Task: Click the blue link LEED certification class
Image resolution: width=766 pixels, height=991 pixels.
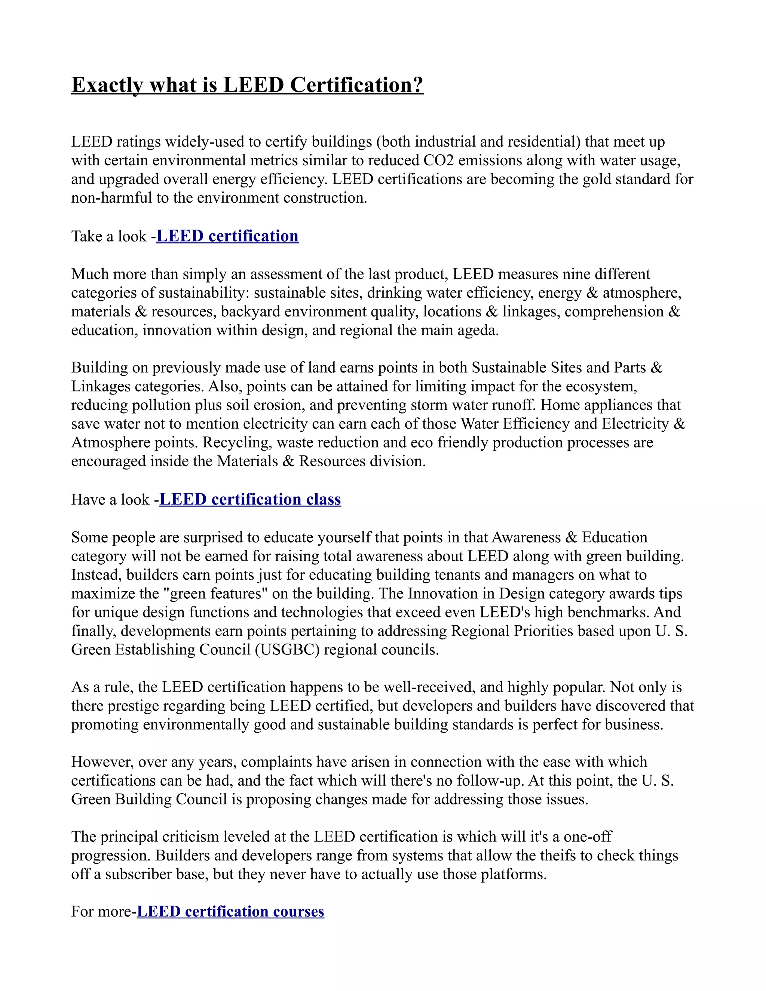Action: pyautogui.click(x=250, y=499)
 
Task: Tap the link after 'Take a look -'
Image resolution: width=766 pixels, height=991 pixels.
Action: pyautogui.click(x=227, y=236)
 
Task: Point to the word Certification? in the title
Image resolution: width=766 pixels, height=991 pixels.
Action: pyautogui.click(x=357, y=85)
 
